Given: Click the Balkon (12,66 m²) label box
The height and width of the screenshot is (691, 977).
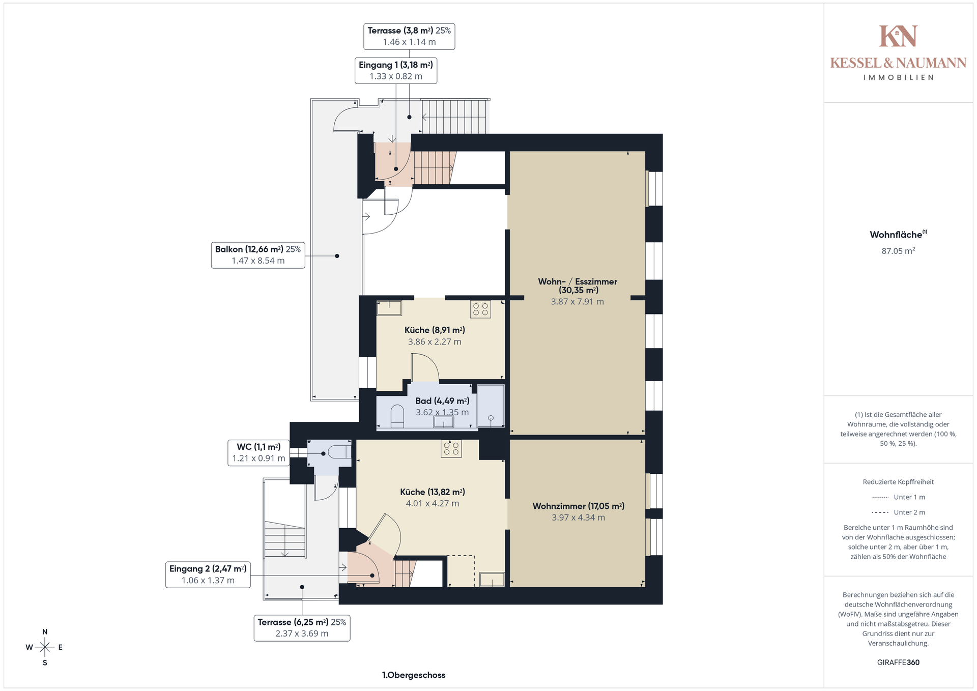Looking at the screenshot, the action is tap(258, 255).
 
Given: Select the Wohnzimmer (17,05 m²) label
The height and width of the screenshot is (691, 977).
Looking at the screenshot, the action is tap(579, 511).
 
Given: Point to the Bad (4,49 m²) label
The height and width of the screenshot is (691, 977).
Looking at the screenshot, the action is tap(442, 407).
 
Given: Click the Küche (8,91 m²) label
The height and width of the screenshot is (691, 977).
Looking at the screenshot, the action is tap(435, 336).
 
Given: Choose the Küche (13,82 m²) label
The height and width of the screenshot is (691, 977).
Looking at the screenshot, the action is tap(433, 498).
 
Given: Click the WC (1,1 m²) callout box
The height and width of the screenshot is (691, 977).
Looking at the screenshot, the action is tap(258, 453).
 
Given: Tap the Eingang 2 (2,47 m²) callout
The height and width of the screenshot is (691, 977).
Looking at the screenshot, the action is tap(208, 574).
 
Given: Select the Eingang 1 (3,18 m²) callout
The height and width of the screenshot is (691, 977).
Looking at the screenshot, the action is tap(396, 71).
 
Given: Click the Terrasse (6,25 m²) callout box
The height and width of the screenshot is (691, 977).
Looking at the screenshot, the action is tap(302, 628).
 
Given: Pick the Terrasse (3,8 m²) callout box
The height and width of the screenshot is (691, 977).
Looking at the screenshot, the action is tap(409, 36).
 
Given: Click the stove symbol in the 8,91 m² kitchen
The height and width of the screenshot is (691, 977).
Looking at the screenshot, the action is tap(480, 309).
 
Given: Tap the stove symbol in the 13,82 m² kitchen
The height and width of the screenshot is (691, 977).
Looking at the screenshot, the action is tap(451, 448).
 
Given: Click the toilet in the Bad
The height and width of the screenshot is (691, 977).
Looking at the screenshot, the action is tap(397, 416).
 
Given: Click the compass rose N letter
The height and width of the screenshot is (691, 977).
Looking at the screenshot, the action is tap(45, 632).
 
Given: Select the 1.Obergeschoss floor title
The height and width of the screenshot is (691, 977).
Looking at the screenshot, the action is tap(414, 675).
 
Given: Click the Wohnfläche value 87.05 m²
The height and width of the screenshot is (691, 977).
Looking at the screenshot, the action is tap(898, 251).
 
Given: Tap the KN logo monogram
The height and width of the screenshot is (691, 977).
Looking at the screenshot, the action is tap(898, 36).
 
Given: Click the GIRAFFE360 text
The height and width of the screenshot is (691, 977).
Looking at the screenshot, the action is tap(898, 663).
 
